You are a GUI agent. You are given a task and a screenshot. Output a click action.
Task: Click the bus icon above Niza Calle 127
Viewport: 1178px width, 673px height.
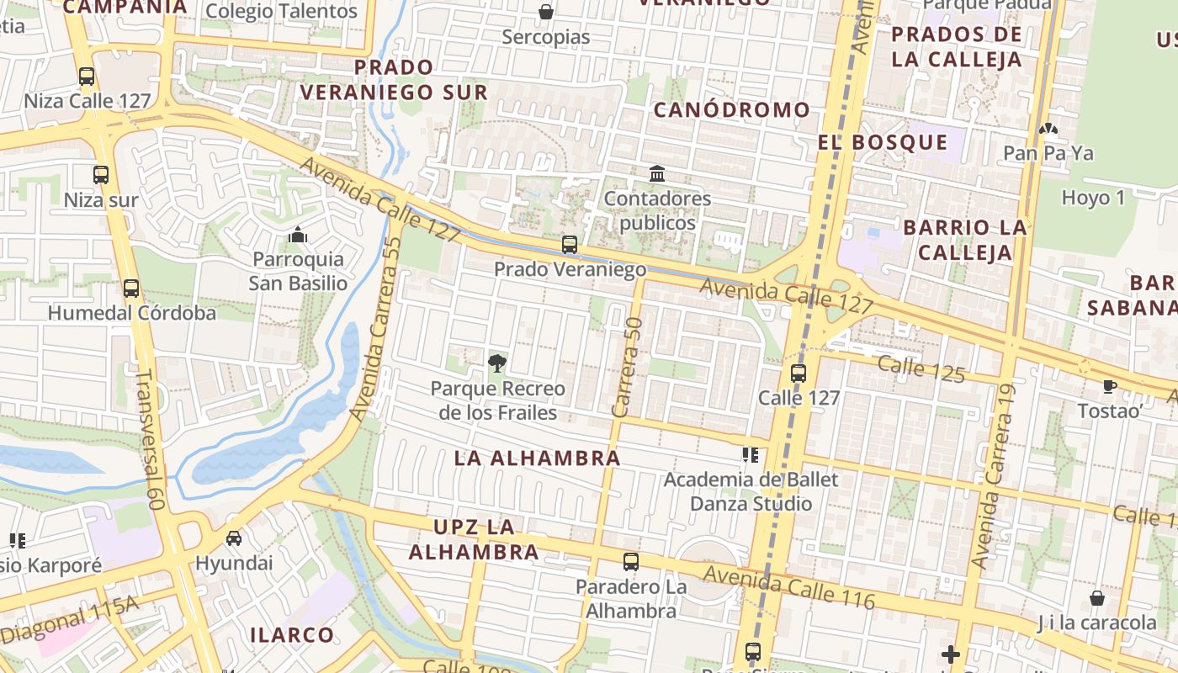click(87, 77)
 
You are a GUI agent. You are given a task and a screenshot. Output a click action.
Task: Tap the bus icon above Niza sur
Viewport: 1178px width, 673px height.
click(101, 175)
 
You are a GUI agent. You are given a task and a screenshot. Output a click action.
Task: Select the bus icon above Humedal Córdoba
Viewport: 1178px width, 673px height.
click(131, 289)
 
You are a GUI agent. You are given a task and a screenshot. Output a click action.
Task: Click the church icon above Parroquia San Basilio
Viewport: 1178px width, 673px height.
click(298, 235)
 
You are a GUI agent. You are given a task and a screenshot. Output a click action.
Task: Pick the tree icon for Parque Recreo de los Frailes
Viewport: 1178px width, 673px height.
click(497, 363)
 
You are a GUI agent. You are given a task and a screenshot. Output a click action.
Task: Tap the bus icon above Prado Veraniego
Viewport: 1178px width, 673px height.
click(570, 245)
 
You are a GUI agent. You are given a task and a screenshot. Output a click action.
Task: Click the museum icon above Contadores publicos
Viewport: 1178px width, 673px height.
click(657, 174)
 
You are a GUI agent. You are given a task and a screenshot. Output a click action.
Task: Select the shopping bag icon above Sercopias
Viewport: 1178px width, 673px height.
click(545, 12)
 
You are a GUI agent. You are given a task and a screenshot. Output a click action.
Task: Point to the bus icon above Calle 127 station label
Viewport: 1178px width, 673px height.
click(799, 374)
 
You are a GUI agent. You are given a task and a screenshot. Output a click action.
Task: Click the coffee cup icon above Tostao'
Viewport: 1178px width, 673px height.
click(1110, 386)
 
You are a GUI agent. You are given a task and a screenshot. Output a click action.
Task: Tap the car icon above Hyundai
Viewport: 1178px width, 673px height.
click(234, 538)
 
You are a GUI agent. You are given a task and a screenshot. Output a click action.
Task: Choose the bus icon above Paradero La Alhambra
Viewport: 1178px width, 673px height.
click(630, 562)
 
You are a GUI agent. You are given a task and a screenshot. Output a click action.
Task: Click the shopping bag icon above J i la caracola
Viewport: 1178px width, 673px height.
click(1097, 598)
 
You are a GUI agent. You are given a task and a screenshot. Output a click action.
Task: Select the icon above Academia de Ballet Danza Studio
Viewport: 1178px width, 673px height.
click(751, 455)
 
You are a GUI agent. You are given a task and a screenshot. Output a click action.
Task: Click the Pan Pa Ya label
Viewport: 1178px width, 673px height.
click(1048, 153)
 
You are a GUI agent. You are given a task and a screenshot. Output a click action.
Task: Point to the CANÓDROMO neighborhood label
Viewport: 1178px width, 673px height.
click(731, 110)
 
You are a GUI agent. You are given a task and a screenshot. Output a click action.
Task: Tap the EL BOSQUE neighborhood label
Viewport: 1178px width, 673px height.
click(883, 142)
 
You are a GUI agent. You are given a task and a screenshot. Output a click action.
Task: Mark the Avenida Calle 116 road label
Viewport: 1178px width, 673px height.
click(789, 587)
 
